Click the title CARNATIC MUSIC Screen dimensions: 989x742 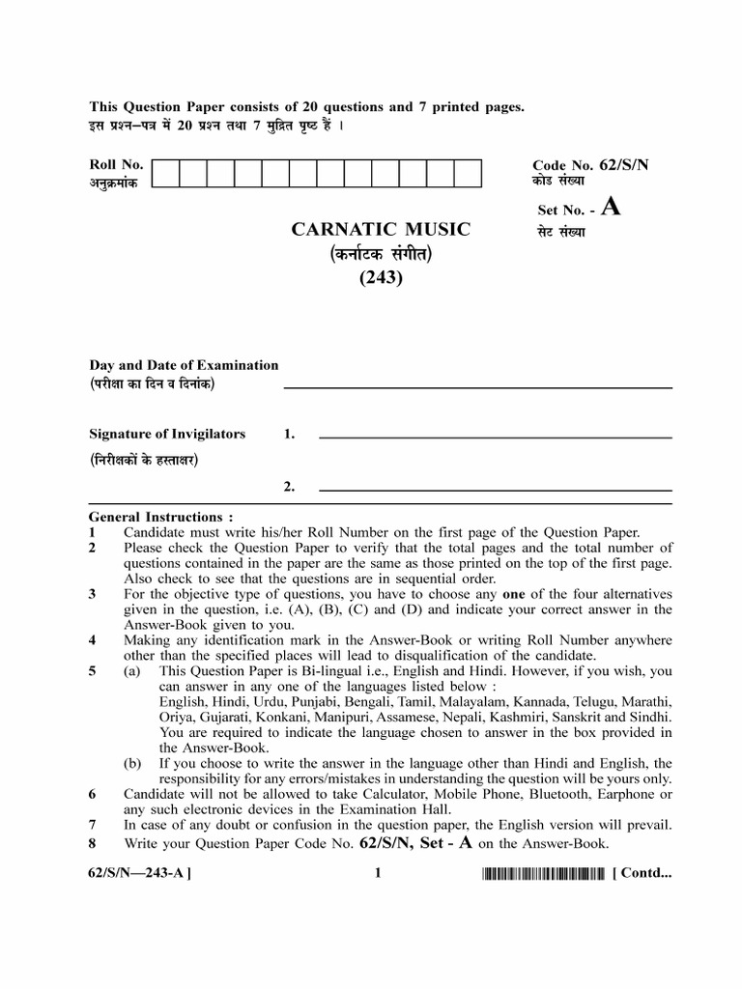pos(381,229)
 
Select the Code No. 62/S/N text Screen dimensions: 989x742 pos(590,165)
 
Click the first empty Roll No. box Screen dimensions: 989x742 pos(165,173)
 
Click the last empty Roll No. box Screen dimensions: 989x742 pos(468,173)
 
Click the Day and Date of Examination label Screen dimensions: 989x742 pos(184,365)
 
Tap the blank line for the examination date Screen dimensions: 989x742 pos(477,387)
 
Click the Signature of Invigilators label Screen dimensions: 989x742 pos(167,435)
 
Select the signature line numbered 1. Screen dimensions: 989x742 pos(495,438)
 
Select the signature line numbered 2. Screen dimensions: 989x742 pos(495,489)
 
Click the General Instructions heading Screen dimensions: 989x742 pos(160,517)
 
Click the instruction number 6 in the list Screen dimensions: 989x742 pos(93,794)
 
